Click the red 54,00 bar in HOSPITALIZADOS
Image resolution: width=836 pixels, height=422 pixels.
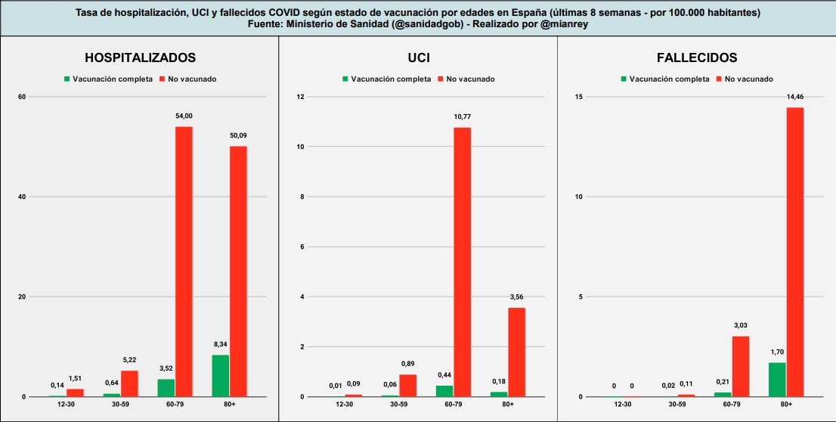point(184,262)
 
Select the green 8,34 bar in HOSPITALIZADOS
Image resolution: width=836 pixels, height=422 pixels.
point(220,376)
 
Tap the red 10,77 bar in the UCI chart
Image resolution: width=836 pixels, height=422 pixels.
point(462,262)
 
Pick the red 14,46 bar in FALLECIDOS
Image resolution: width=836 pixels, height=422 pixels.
point(794,252)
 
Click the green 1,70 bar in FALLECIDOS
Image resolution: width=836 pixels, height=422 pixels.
point(776,380)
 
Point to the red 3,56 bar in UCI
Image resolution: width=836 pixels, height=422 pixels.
point(516,352)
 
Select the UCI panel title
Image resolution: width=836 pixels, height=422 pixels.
point(418,57)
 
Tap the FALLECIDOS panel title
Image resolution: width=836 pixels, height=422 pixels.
point(696,57)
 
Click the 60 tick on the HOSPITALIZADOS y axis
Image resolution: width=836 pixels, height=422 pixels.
point(23,97)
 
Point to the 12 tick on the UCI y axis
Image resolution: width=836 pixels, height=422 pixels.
point(300,97)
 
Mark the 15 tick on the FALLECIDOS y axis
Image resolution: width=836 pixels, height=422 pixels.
point(578,97)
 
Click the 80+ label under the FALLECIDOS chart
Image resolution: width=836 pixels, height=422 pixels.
point(786,405)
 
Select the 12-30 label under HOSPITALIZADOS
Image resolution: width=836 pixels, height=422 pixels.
point(66,405)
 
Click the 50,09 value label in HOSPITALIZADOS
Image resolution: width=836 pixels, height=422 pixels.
point(238,135)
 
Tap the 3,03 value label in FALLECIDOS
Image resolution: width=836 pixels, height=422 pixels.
point(740,325)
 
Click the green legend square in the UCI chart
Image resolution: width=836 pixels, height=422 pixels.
point(345,79)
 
